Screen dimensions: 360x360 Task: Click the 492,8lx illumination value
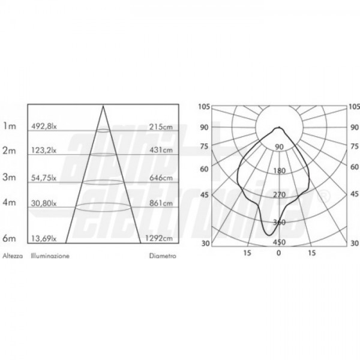[44, 127]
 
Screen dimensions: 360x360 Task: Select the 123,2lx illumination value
[44, 150]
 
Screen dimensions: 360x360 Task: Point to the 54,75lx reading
[44, 178]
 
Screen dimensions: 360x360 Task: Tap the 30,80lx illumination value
[44, 203]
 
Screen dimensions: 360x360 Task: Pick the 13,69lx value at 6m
[44, 239]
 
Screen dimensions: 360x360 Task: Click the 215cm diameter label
[161, 127]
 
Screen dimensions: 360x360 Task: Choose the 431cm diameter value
[161, 150]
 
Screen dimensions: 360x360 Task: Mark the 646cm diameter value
[161, 178]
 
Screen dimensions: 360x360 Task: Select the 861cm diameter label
[161, 203]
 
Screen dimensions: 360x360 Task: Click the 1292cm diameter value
[159, 238]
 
